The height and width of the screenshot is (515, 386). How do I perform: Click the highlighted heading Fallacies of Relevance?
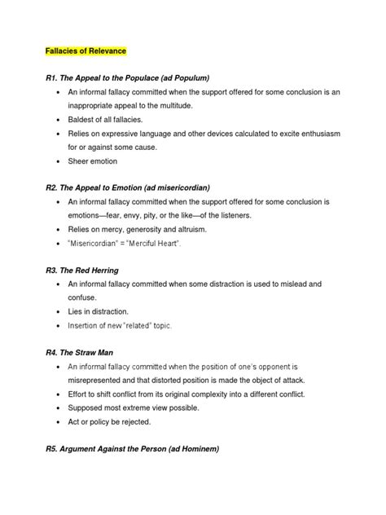point(86,51)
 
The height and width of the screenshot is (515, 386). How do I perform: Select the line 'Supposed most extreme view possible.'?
point(140,409)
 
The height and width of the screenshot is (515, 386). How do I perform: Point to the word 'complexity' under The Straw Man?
point(234,395)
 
